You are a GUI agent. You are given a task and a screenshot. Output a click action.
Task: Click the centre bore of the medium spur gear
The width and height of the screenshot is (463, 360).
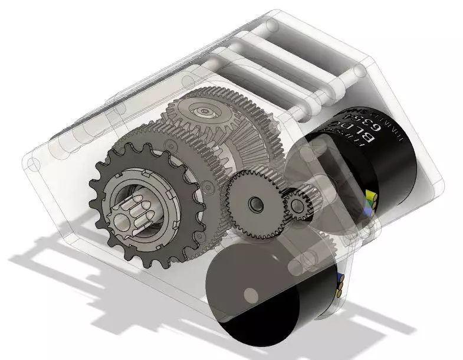pos(254,204)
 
